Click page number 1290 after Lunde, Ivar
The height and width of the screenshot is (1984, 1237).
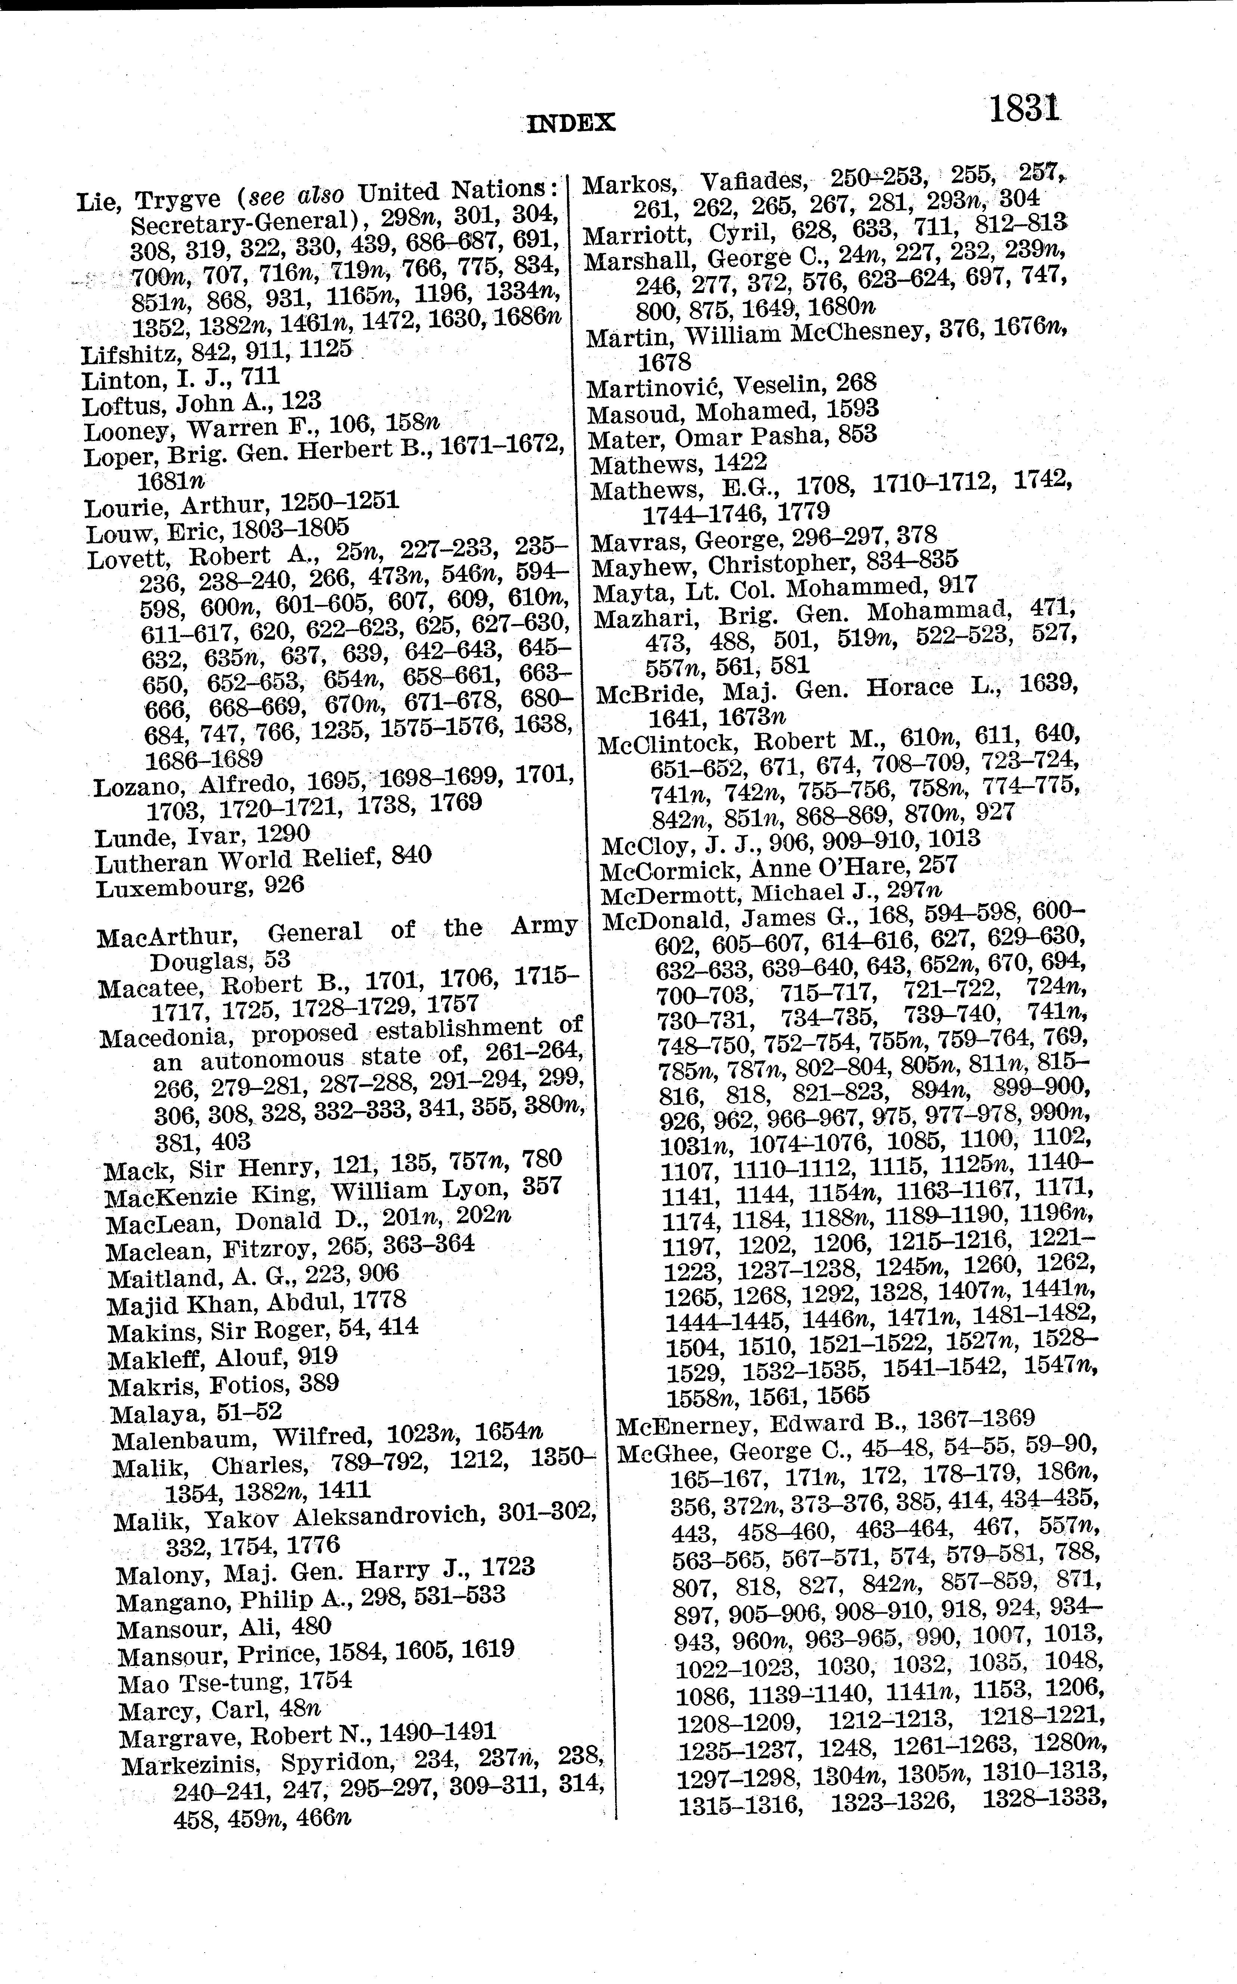283,834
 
